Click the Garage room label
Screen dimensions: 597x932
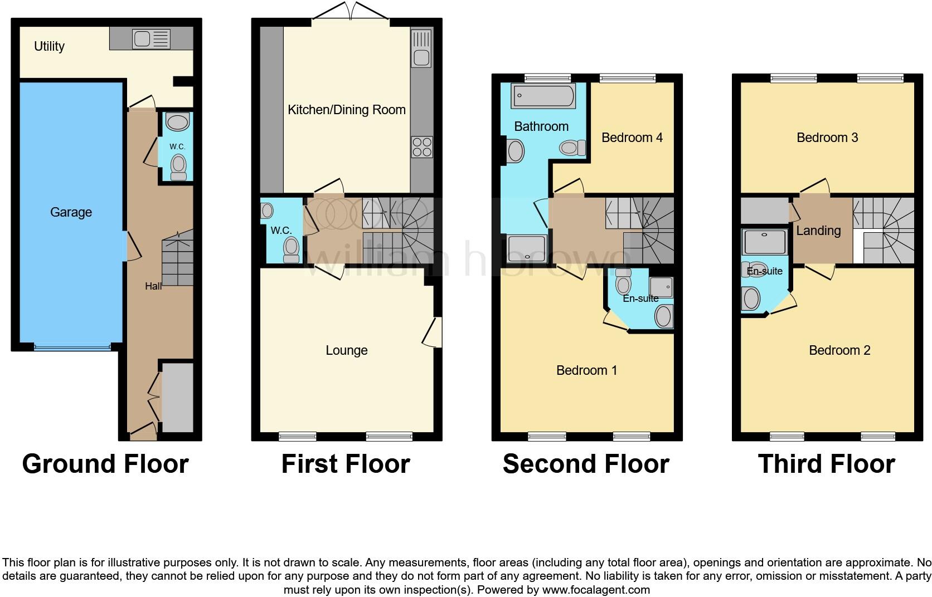(x=71, y=212)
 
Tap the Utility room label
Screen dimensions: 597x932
(x=49, y=46)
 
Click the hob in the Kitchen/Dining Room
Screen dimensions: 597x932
(x=421, y=146)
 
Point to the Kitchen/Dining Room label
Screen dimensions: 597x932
(x=346, y=110)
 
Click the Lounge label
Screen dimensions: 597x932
(x=346, y=350)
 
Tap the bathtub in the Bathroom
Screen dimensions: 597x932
(x=543, y=96)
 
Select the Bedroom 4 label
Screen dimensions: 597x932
(x=632, y=138)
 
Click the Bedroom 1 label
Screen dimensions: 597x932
(x=586, y=370)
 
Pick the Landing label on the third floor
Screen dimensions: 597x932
(x=818, y=231)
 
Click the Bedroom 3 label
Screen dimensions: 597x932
(x=827, y=138)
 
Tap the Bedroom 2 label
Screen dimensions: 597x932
(x=839, y=350)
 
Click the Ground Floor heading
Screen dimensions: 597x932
(x=105, y=464)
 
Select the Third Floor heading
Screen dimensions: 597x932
(x=826, y=464)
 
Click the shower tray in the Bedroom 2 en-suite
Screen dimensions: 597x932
(x=764, y=242)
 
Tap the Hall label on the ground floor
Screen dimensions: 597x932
(x=153, y=286)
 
